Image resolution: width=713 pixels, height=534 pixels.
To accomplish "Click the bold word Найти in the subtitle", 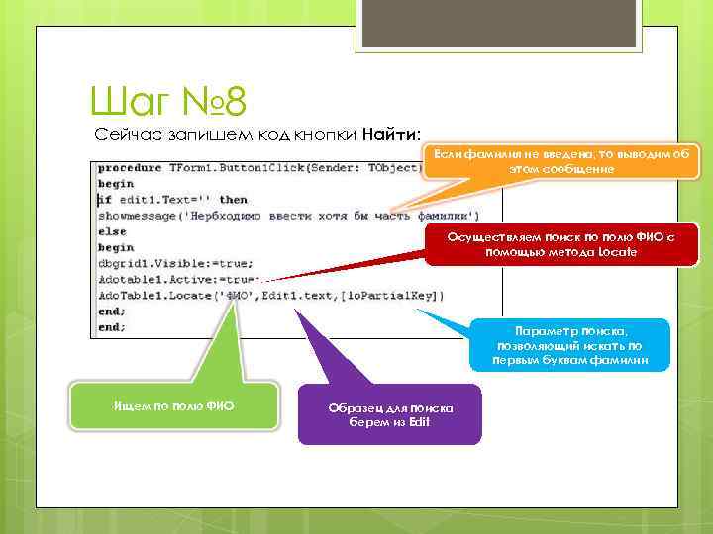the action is point(391,133).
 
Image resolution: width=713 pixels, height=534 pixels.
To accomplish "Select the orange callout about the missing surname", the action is point(561,161).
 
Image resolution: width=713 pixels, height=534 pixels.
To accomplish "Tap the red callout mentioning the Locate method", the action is point(561,244).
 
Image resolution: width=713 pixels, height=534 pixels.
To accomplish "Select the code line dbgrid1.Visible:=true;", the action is point(175,263).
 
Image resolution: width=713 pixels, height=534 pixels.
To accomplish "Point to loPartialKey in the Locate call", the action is point(404,295).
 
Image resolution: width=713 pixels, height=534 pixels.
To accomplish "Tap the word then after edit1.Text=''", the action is point(233,199).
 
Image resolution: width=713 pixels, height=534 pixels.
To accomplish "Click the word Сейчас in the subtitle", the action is point(124,133).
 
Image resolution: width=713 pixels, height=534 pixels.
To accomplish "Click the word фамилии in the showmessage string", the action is point(444,215).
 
